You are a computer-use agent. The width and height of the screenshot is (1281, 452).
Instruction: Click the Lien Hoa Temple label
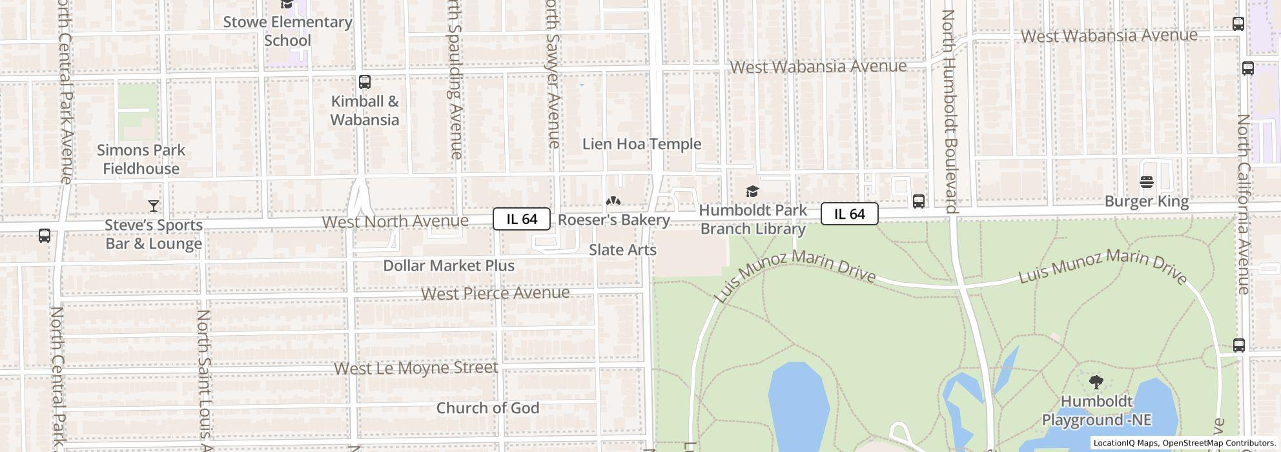pos(641,144)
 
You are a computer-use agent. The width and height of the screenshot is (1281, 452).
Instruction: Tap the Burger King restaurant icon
pos(1147,182)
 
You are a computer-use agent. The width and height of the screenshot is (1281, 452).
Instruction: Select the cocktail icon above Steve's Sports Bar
pos(153,206)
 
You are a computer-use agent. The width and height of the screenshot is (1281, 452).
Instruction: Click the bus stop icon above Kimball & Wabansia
pos(364,82)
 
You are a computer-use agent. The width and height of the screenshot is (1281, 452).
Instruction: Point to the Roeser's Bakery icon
pos(613,201)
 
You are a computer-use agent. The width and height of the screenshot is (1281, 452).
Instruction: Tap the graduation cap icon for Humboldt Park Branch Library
pos(752,191)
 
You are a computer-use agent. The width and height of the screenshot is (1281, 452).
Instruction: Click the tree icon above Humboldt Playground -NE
pos(1096,382)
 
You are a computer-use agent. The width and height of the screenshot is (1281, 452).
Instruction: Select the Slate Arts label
pos(622,250)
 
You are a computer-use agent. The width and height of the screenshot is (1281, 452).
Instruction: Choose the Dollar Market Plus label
pos(449,265)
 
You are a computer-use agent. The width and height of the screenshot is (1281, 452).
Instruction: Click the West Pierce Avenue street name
pos(495,293)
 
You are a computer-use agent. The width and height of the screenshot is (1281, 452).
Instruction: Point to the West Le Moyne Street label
pos(416,368)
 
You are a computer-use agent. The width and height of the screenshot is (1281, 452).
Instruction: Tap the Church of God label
pos(487,408)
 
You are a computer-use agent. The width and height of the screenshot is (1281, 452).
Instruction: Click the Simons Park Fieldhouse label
pos(141,159)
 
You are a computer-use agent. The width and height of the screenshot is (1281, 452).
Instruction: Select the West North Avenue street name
pos(395,221)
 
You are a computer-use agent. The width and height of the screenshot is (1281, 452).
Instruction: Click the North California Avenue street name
pos(1244,204)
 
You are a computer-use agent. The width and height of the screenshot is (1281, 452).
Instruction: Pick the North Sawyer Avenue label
pos(552,74)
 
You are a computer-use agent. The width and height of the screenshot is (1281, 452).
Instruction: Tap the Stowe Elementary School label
pos(287,31)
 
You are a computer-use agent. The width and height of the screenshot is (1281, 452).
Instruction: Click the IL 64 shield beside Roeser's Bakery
pos(522,219)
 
